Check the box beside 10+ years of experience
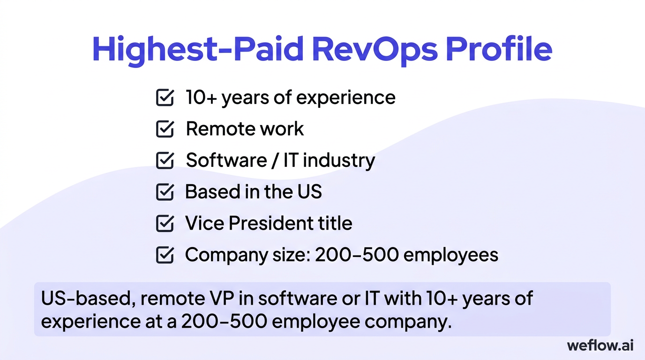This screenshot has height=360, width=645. pos(165,97)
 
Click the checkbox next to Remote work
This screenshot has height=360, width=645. pos(165,129)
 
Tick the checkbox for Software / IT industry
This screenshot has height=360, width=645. pos(165,160)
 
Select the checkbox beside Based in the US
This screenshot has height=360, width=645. pos(165,192)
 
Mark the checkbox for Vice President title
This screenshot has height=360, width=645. pos(165,223)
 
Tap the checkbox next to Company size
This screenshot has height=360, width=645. pos(165,255)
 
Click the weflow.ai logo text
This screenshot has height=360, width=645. pos(600,345)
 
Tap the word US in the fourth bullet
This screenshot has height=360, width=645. pos(309,192)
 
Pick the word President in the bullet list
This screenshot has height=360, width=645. pos(268,223)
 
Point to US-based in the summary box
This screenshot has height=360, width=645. pos(83,298)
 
